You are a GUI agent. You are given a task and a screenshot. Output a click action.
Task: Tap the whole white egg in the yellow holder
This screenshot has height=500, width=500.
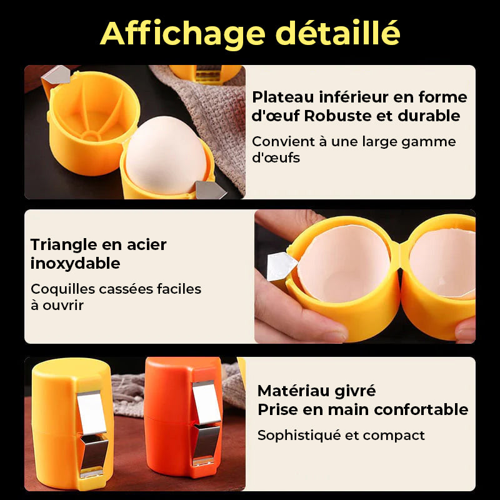coord(166,155)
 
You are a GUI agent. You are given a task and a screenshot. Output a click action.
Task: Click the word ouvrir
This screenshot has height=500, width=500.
coord(63,305)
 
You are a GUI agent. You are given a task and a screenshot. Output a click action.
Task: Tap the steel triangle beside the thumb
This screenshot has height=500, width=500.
coord(281,267)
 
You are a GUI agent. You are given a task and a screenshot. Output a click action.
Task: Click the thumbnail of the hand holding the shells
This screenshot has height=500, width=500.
coord(365,276)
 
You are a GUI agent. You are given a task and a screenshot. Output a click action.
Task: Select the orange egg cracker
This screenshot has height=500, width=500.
coord(184,416)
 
